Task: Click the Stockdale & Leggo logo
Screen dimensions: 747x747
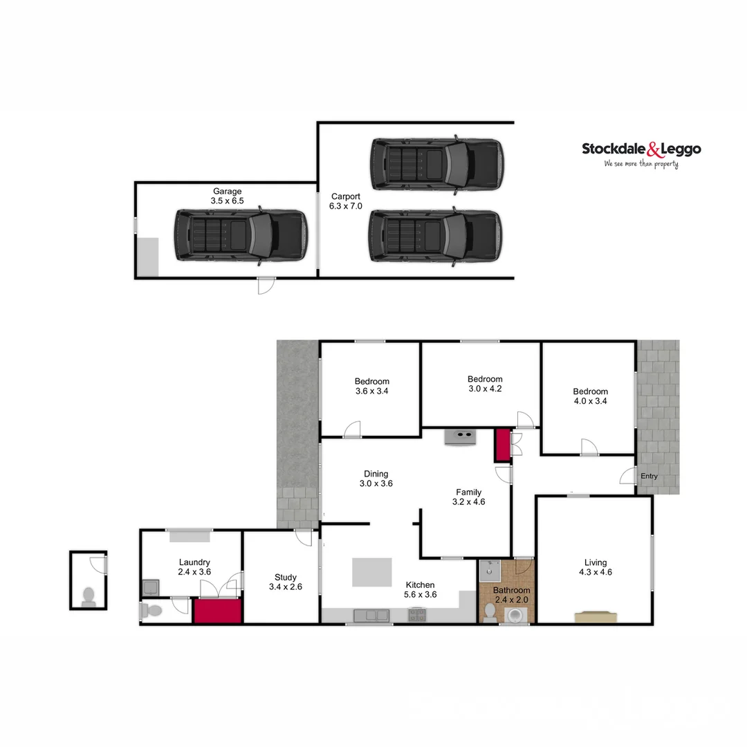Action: pos(641,154)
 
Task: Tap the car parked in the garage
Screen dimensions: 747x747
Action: pos(239,235)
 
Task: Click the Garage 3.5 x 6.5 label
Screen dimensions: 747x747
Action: pos(227,196)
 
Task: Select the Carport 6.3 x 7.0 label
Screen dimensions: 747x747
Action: pos(345,201)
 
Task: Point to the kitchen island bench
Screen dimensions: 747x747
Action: pos(371,572)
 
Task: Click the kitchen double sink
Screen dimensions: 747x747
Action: pos(371,614)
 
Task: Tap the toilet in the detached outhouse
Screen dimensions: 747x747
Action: pos(89,596)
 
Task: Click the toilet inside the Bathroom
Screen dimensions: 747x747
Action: pos(490,612)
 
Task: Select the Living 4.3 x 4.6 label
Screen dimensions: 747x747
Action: pos(595,567)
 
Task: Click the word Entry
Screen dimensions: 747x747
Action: pos(649,477)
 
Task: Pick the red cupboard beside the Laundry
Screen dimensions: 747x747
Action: pos(217,611)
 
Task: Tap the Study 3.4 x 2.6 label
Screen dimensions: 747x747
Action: pos(285,582)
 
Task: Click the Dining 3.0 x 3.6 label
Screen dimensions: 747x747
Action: pos(376,479)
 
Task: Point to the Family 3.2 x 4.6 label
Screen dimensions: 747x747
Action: pos(468,497)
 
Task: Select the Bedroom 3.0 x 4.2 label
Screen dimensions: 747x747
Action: pos(485,384)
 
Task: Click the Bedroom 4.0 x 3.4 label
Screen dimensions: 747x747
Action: pos(590,396)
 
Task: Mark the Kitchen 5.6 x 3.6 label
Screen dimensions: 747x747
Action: pos(420,589)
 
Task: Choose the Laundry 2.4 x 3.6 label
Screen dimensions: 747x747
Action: pos(194,567)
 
